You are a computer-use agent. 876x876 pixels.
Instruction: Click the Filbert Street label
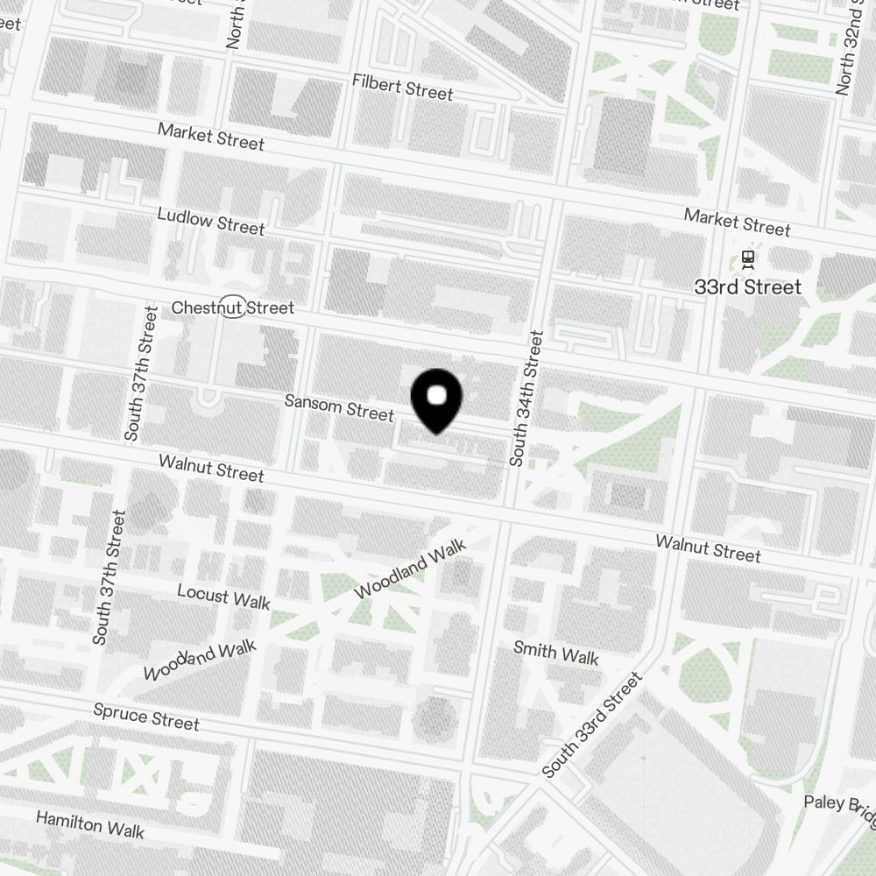pyautogui.click(x=402, y=87)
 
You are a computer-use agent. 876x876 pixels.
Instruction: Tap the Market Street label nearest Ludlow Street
pyautogui.click(x=210, y=136)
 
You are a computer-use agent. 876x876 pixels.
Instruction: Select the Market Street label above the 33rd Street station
pyautogui.click(x=737, y=223)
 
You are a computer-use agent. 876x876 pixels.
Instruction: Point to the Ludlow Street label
pyautogui.click(x=210, y=221)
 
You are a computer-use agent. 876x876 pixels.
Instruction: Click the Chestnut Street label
pyautogui.click(x=232, y=307)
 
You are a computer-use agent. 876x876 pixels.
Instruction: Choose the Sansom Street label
pyautogui.click(x=339, y=407)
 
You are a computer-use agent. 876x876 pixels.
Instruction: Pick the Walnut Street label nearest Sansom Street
pyautogui.click(x=210, y=467)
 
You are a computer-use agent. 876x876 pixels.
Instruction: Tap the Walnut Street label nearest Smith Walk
pyautogui.click(x=708, y=548)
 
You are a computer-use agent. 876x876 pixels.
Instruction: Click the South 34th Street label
pyautogui.click(x=526, y=398)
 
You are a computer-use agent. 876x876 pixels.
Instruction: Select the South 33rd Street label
pyautogui.click(x=592, y=725)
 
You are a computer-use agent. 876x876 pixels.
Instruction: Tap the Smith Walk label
pyautogui.click(x=555, y=653)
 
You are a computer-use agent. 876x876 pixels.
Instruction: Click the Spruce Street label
pyautogui.click(x=146, y=716)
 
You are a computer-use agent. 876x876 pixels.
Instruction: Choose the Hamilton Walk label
pyautogui.click(x=89, y=823)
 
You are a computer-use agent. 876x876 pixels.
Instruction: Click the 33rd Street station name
pyautogui.click(x=747, y=286)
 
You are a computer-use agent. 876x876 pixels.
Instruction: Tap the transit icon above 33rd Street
pyautogui.click(x=748, y=258)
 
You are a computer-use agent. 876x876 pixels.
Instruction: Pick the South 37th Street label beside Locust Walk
pyautogui.click(x=110, y=578)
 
